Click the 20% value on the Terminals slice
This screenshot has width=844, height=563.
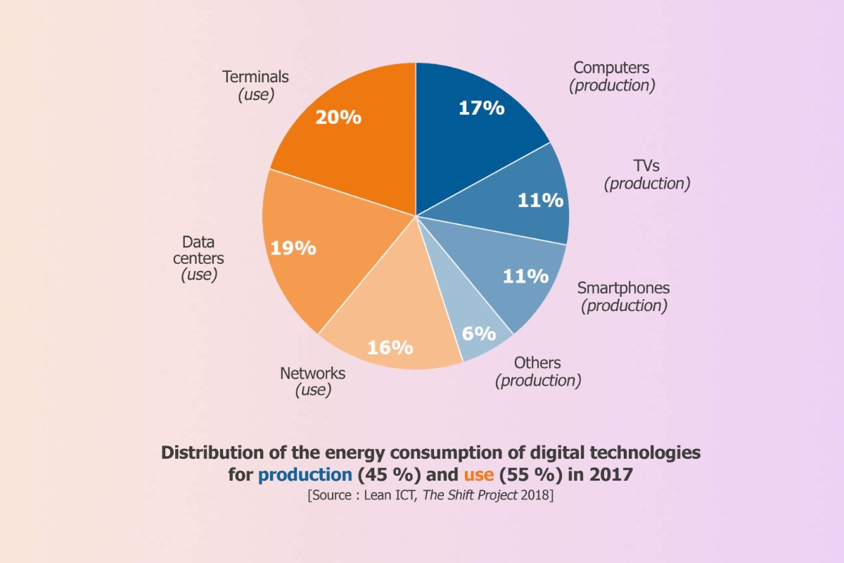(x=338, y=118)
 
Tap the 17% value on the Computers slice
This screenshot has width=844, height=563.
(x=481, y=108)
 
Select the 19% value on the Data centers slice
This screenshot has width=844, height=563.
(x=293, y=248)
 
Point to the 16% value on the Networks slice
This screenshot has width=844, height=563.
(x=390, y=347)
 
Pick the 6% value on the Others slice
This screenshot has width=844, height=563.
(x=478, y=333)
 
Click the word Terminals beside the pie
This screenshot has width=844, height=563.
(x=255, y=77)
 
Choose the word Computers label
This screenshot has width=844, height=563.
(x=611, y=68)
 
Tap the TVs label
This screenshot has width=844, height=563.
(x=646, y=166)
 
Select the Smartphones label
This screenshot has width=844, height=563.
(x=623, y=288)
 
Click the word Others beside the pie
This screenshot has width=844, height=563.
(x=537, y=363)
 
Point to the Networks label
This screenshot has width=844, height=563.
(x=312, y=373)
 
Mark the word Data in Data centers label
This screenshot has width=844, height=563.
(x=198, y=242)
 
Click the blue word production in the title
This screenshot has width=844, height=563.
(x=305, y=475)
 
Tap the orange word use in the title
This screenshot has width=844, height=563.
(x=478, y=475)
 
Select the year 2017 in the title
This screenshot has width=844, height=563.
(x=610, y=475)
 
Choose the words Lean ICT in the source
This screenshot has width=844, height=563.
(x=391, y=495)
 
